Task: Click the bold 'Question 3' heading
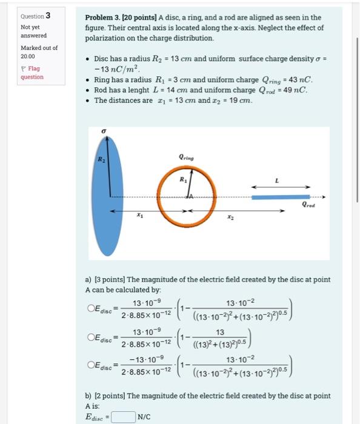click(x=36, y=16)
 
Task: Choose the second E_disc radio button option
click(x=90, y=337)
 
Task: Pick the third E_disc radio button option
click(x=90, y=366)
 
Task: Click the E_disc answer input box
click(x=123, y=416)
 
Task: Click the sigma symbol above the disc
click(x=104, y=131)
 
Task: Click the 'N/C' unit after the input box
click(x=144, y=416)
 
